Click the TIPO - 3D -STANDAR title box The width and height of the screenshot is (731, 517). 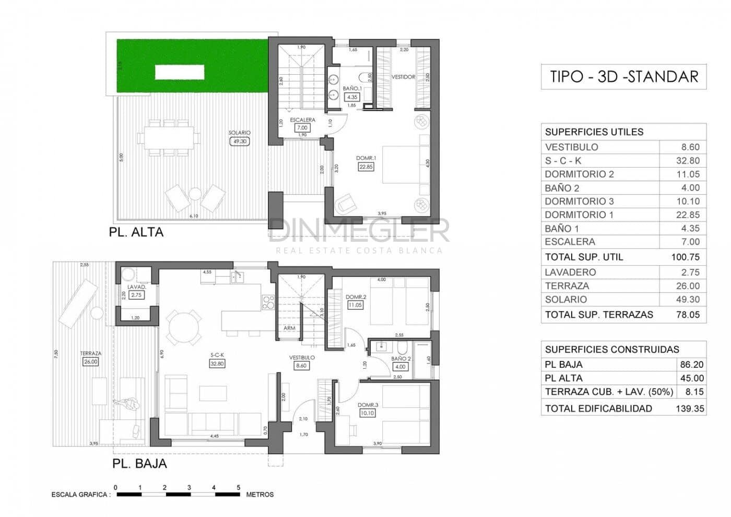tap(623, 77)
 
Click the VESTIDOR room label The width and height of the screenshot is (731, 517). tap(403, 77)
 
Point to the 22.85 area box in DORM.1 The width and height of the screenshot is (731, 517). tap(366, 167)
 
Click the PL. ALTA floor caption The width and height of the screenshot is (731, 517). tap(136, 232)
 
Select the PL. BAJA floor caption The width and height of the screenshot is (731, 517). tap(139, 463)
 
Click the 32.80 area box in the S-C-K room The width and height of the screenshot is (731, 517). tap(217, 363)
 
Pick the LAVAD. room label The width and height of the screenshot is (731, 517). tap(136, 287)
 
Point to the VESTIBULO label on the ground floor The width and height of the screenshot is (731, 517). tap(302, 358)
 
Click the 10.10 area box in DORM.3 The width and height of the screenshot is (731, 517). tap(367, 413)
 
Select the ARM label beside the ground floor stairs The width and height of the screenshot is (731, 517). tap(289, 328)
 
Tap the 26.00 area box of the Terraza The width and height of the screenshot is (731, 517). tap(90, 361)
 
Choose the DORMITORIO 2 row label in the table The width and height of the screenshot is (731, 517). tap(579, 174)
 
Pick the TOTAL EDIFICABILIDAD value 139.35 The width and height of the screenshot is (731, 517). tap(689, 408)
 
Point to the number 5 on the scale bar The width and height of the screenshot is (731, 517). tap(239, 487)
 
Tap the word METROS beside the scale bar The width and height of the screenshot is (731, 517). tap(260, 494)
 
